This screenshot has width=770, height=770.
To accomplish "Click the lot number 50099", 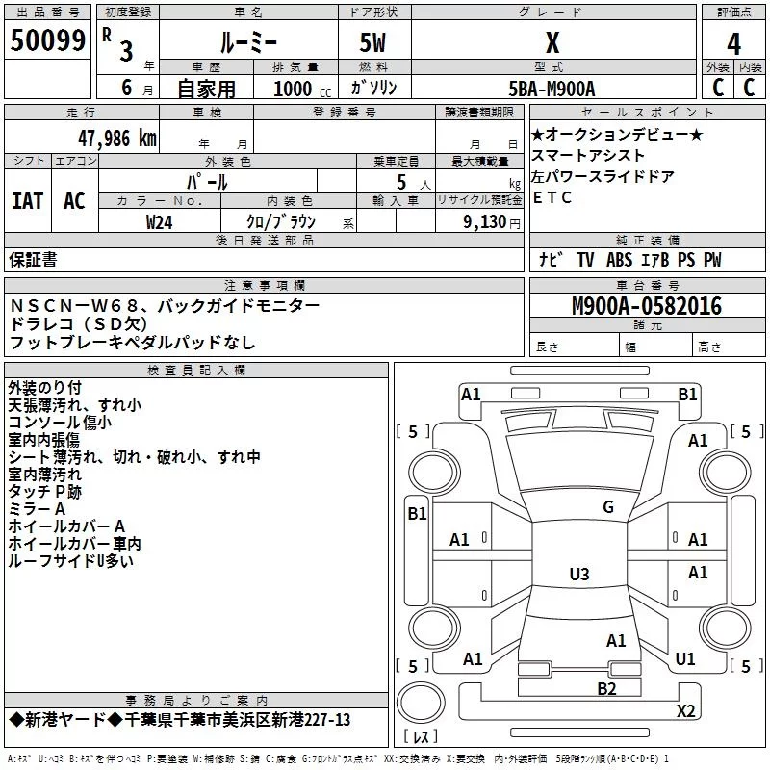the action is (x=48, y=40).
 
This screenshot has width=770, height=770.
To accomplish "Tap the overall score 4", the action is (x=733, y=44).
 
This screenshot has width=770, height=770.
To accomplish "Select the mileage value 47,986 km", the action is (x=116, y=139).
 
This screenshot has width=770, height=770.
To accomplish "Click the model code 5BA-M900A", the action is (x=552, y=89).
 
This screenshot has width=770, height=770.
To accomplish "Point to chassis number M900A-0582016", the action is (x=647, y=306).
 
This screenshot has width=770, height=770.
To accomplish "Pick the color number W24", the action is (x=159, y=222).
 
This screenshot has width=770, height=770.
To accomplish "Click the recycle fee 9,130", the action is (x=485, y=222).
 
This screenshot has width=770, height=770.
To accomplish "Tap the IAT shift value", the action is (x=28, y=201).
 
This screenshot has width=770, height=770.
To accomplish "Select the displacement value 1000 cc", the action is (x=302, y=89).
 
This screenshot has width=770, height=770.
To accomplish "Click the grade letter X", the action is (x=552, y=42).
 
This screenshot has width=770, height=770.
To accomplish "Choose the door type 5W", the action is (x=372, y=42).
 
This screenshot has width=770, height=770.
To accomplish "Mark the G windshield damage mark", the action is (x=608, y=507).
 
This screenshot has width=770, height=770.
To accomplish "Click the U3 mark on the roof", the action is (x=579, y=574).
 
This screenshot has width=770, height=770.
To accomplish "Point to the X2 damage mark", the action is (x=685, y=710).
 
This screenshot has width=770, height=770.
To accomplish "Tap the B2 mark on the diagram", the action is (x=606, y=688).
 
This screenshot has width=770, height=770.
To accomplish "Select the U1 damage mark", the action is (x=685, y=658).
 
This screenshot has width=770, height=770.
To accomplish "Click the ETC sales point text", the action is (x=552, y=197).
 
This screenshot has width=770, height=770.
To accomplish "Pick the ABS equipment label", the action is (x=619, y=260).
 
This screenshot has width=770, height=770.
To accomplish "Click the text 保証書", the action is (x=33, y=259).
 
